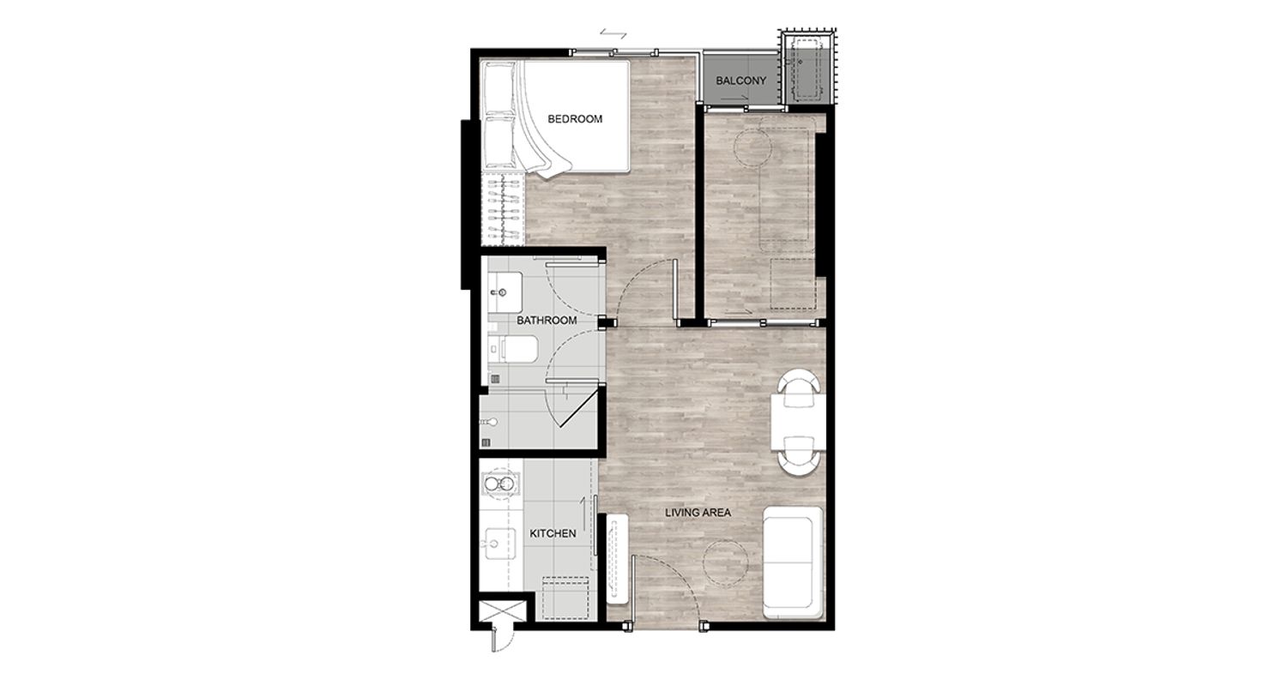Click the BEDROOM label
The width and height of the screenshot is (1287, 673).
click(575, 119)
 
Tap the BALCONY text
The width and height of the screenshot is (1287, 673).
click(740, 81)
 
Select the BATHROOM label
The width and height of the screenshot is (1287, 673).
click(547, 321)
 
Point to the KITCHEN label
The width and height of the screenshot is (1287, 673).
click(553, 533)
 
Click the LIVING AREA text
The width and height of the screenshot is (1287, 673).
click(698, 512)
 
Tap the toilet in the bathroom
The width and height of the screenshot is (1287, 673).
click(514, 349)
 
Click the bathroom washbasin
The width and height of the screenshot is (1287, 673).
click(505, 292)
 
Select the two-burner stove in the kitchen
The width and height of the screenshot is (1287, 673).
click(500, 484)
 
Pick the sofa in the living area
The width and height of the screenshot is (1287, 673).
click(793, 562)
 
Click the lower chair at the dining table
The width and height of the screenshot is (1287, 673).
click(798, 455)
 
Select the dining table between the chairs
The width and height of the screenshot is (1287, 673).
click(798, 422)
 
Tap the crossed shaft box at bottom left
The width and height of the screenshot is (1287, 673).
click(502, 610)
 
